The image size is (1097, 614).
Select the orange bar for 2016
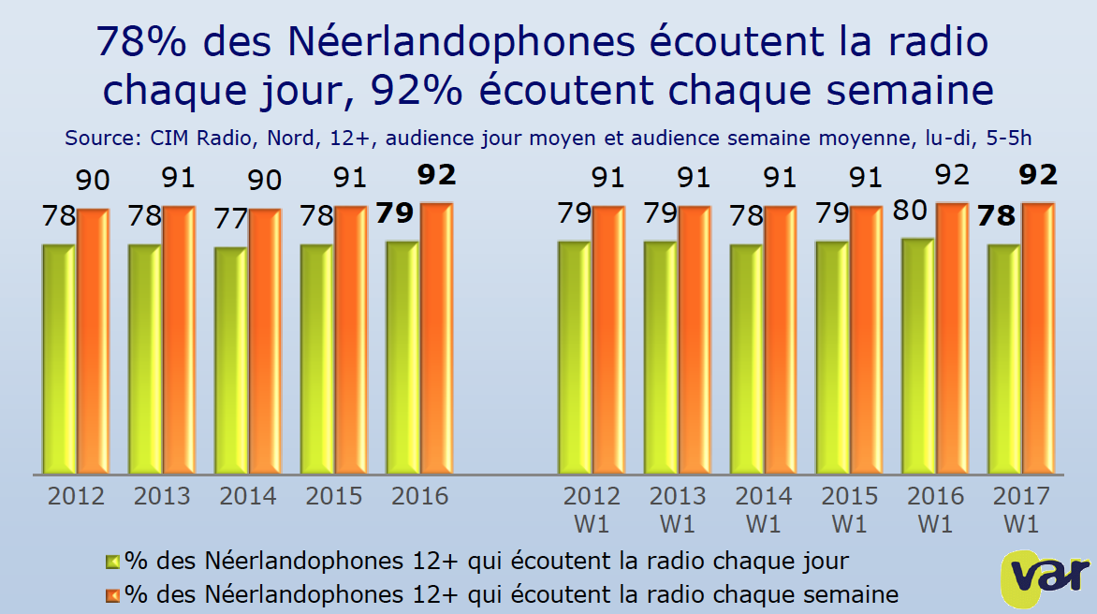[x=437, y=338]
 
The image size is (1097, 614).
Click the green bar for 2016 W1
[x=918, y=356]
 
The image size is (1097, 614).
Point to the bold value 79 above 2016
[x=394, y=213]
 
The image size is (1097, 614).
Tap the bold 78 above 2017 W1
[x=995, y=216]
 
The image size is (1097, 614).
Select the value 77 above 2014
[x=229, y=219]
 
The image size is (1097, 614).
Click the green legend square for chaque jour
[x=112, y=562]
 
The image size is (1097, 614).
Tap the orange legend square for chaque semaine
[x=112, y=593]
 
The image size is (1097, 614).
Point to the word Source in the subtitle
[x=97, y=138]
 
